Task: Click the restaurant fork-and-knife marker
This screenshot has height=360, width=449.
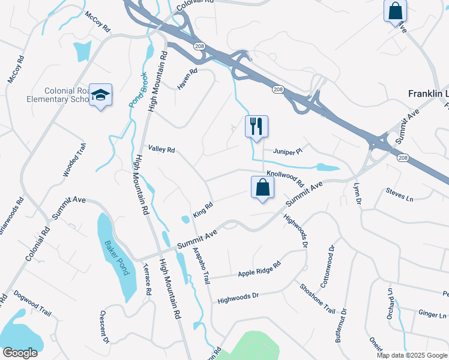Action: coord(256,127)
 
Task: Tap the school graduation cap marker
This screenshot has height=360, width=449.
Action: coord(101,95)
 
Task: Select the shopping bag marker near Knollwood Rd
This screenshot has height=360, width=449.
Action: coord(263,187)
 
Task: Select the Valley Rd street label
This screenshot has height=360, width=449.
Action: coord(161,149)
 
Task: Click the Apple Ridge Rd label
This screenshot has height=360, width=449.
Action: coord(259,269)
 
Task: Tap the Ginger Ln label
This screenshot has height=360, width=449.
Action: coord(432,314)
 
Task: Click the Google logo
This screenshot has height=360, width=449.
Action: coord(20,353)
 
